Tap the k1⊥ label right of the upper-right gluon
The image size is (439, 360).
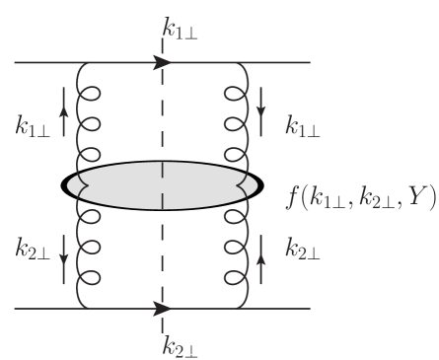303,125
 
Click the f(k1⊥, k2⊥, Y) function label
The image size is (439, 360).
361,195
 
